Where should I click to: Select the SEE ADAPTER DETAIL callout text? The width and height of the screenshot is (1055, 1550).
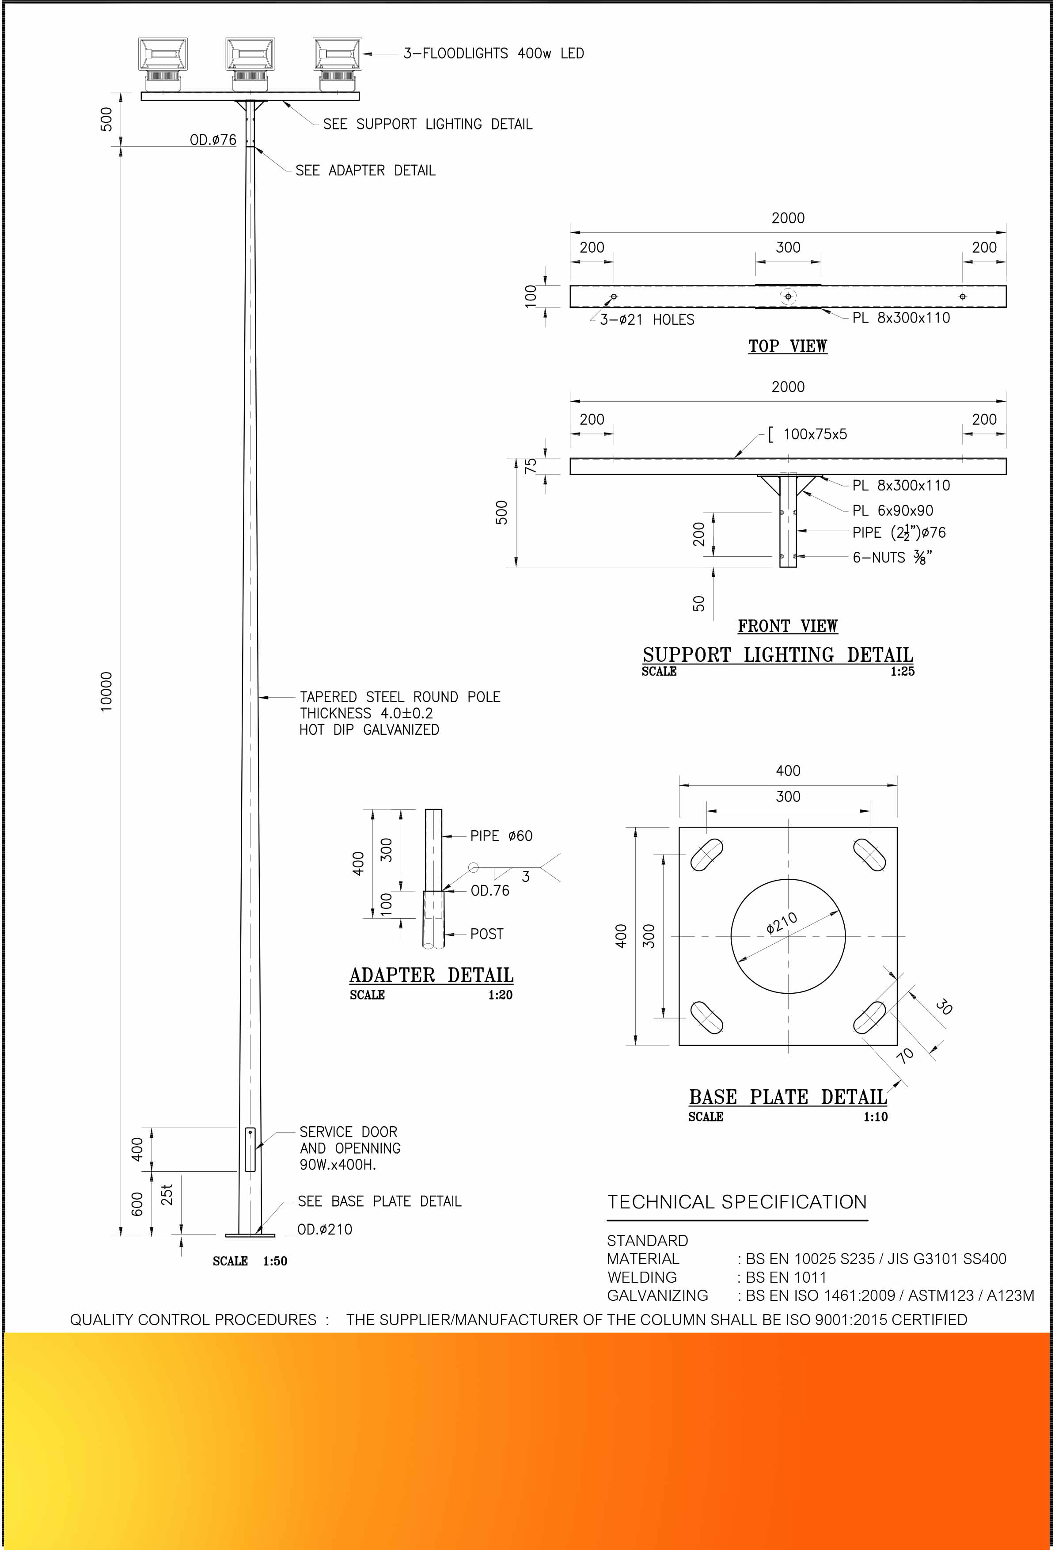(365, 171)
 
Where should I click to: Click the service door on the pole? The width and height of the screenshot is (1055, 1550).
(250, 1149)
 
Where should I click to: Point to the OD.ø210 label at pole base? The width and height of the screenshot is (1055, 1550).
(325, 1229)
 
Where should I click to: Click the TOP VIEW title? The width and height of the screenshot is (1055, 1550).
(788, 346)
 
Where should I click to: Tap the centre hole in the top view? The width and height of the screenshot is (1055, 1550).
(788, 296)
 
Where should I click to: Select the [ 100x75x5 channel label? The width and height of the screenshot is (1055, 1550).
(808, 434)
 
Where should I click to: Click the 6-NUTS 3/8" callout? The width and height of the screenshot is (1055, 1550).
(892, 558)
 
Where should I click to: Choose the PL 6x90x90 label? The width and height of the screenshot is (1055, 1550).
(892, 510)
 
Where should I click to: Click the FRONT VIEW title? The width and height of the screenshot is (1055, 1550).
(788, 626)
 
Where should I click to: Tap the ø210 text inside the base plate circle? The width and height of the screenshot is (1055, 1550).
(782, 923)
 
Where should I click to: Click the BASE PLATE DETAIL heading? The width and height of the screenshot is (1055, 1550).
(788, 1097)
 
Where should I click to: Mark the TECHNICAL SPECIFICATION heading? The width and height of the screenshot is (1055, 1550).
(737, 1202)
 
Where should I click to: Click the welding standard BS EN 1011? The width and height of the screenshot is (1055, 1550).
(786, 1277)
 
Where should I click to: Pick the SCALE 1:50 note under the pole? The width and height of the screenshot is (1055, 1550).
(250, 1261)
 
